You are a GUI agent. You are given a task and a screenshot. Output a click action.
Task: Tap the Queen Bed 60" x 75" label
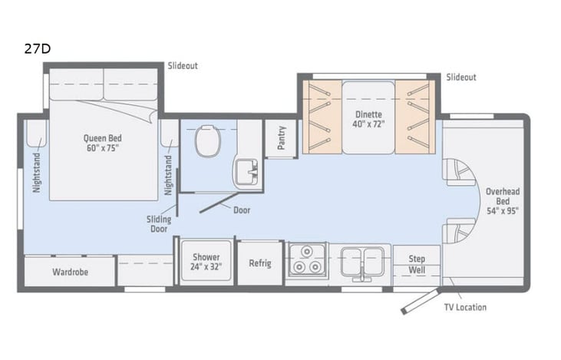tap(103, 144)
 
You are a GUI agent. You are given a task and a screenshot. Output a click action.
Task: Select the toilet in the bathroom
tap(206, 141)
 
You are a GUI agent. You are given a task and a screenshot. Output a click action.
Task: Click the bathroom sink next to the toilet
tap(246, 170)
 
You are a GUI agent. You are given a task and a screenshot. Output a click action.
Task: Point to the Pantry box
tap(280, 139)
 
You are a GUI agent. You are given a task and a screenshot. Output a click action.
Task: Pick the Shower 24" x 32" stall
tap(206, 263)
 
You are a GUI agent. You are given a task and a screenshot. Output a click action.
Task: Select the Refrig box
tap(260, 263)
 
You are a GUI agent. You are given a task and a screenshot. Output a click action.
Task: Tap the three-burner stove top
tap(308, 262)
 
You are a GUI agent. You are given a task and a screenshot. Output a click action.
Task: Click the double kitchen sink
tap(360, 260)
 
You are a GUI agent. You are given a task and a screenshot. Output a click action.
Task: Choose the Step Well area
tap(417, 264)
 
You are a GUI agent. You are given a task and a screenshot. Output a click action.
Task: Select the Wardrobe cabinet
tap(69, 272)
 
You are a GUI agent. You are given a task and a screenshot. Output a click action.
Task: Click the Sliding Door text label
tap(159, 223)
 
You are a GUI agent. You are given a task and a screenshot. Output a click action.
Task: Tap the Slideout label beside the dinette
tap(461, 77)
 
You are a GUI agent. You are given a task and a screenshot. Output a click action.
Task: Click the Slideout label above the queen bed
tap(183, 66)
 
